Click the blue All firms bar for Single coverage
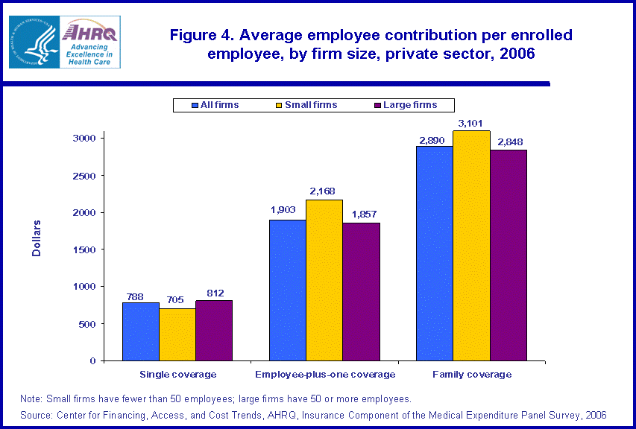tap(140, 331)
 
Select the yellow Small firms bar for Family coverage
tap(471, 246)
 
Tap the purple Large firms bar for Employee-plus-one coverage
tap(361, 291)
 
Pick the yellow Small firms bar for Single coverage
tap(177, 334)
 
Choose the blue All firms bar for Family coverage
tap(435, 253)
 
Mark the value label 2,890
tap(435, 139)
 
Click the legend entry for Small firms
tap(306, 105)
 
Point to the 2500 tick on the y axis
tap(83, 176)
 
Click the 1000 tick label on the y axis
tap(83, 287)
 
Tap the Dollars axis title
tap(37, 238)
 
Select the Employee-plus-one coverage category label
tap(325, 374)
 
